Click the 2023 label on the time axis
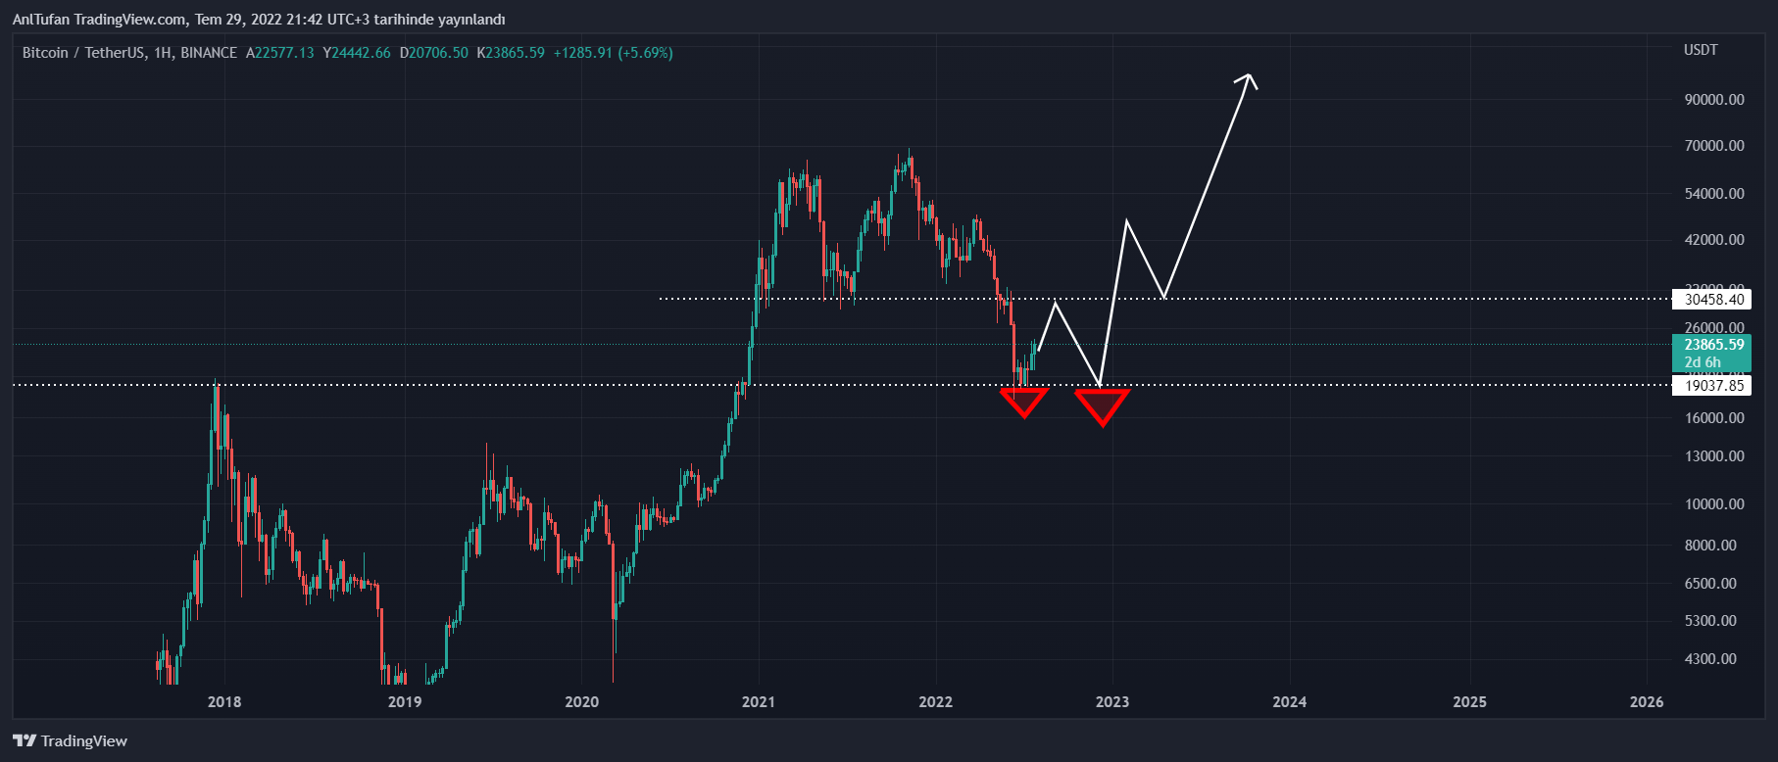coord(1111,701)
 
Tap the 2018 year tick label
coord(224,701)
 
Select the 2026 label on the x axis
coord(1646,701)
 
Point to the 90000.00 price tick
coord(1714,100)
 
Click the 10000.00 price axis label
coord(1714,504)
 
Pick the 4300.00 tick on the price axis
coord(1710,659)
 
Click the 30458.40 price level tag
coord(1714,300)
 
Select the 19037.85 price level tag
coord(1714,386)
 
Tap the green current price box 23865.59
coord(1714,345)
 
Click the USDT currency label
coord(1701,50)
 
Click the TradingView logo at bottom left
coord(71,740)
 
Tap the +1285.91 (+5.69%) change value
coord(613,53)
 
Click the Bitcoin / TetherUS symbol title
coord(83,53)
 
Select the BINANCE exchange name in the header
coord(209,53)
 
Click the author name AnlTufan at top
coord(39,20)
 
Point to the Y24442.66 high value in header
coord(357,53)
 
